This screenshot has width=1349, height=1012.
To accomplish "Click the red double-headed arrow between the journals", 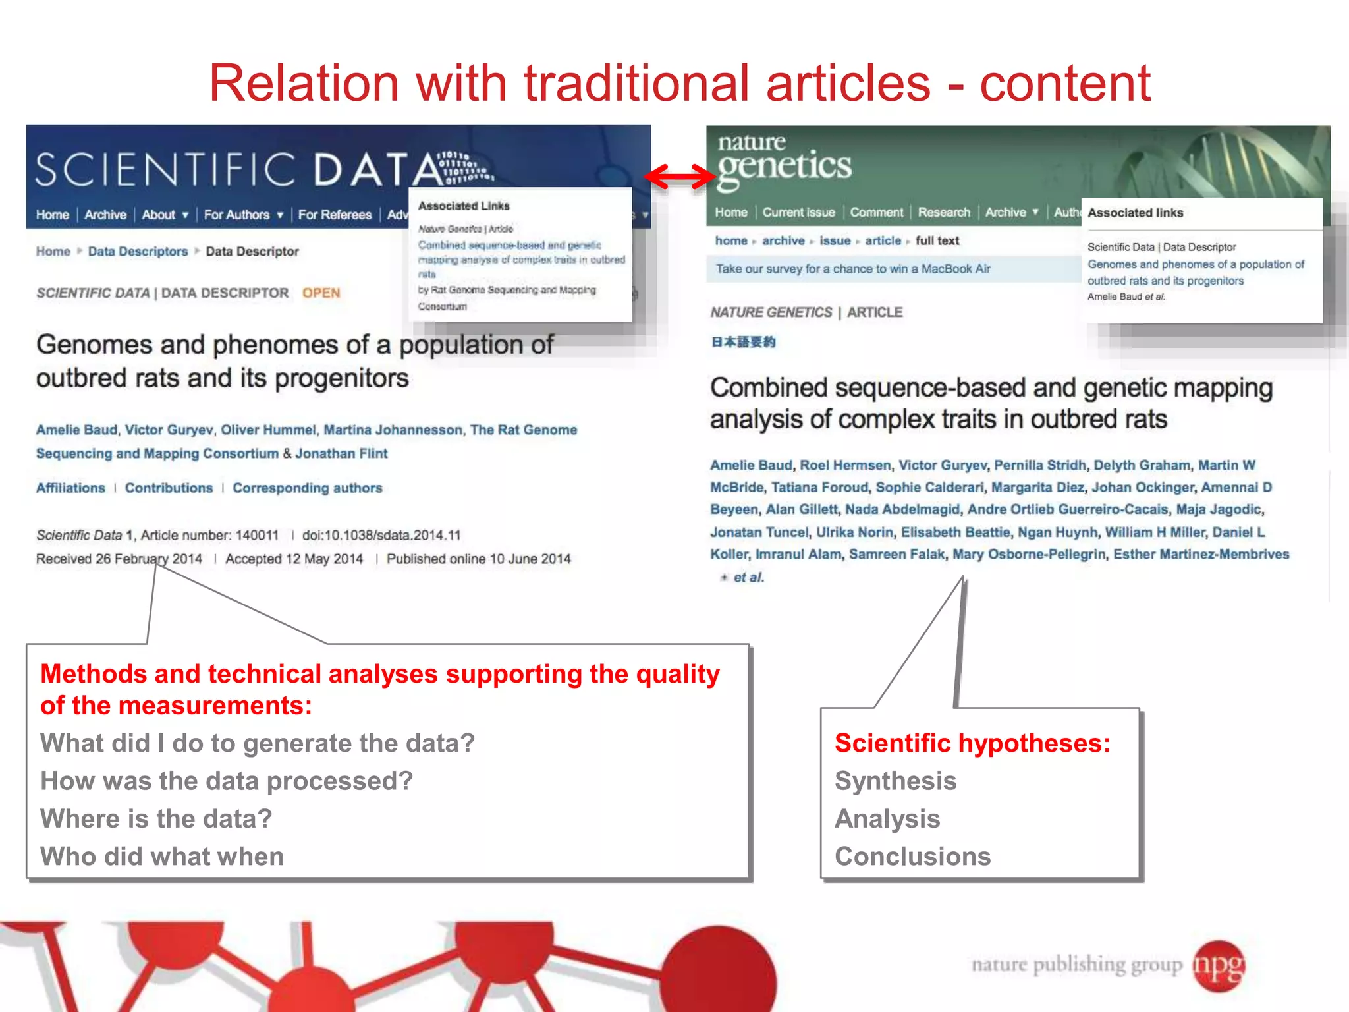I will (x=679, y=176).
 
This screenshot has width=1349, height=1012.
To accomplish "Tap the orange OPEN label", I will (x=321, y=293).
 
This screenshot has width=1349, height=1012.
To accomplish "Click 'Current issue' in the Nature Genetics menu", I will (x=798, y=213).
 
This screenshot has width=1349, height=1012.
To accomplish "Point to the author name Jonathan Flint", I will (x=341, y=453).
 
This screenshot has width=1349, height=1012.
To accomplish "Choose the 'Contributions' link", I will (x=169, y=488).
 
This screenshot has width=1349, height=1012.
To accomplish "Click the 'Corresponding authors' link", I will (x=307, y=488).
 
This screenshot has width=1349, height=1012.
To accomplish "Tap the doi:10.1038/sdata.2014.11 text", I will (x=381, y=535).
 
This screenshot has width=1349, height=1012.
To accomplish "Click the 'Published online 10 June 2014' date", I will (x=478, y=559).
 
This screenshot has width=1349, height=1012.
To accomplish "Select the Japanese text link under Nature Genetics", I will (x=744, y=342).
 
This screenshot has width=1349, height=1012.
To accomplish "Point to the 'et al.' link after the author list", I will (x=748, y=578).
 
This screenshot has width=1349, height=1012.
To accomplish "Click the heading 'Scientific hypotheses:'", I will (x=972, y=743).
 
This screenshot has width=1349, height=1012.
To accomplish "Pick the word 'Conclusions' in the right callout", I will (x=912, y=857).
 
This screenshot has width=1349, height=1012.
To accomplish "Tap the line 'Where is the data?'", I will (x=156, y=819).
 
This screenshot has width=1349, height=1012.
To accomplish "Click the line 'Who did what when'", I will (x=162, y=857).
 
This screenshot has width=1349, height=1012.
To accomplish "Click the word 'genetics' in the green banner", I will (x=785, y=167).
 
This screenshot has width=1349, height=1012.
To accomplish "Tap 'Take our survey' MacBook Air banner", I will (x=853, y=269).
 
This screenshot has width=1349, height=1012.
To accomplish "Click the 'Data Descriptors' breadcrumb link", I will (x=138, y=252).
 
